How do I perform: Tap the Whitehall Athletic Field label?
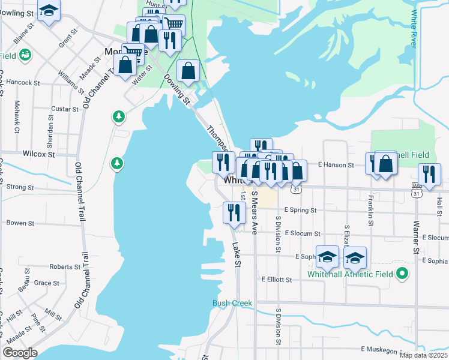[350, 274]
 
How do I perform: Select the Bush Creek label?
[232, 303]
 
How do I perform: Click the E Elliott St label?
[277, 279]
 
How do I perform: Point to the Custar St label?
[65, 109]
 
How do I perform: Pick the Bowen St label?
[20, 223]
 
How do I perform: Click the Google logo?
[20, 353]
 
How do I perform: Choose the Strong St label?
[20, 187]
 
